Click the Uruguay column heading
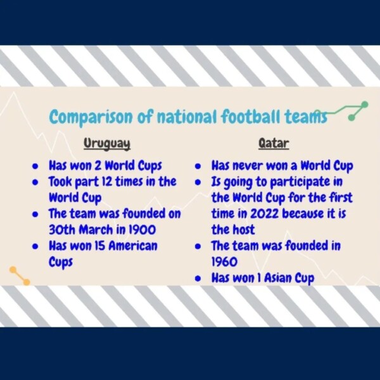[107, 144]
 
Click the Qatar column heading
[274, 143]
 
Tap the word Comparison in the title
[91, 117]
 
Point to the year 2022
[264, 214]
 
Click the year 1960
[224, 262]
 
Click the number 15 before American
[99, 246]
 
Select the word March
[96, 230]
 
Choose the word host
[244, 230]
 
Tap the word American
[133, 246]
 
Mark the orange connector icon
[20, 275]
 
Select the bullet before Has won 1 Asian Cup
[198, 279]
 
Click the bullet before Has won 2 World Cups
[35, 167]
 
